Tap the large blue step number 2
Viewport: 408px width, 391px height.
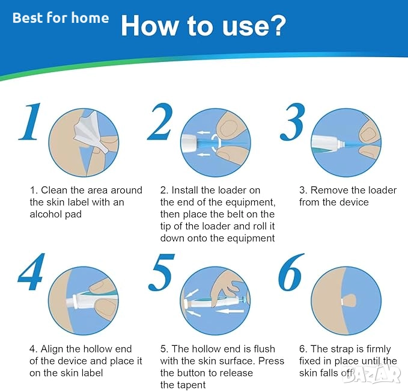pyautogui.click(x=160, y=122)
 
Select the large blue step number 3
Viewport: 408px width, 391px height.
pyautogui.click(x=293, y=122)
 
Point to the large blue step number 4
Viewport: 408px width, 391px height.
pyautogui.click(x=31, y=272)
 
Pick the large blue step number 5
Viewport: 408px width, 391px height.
pyautogui.click(x=161, y=272)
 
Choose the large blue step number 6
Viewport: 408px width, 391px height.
pyautogui.click(x=291, y=272)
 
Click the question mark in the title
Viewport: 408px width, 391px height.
pyautogui.click(x=278, y=25)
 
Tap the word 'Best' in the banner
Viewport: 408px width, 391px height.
pyautogui.click(x=28, y=18)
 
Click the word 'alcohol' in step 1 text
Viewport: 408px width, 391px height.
pyautogui.click(x=46, y=214)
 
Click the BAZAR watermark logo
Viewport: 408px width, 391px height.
pyautogui.click(x=371, y=374)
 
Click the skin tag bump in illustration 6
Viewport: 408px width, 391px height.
pyautogui.click(x=349, y=301)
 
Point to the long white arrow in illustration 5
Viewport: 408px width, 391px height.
pyautogui.click(x=230, y=311)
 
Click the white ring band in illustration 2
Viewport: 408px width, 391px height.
pyautogui.click(x=216, y=143)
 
